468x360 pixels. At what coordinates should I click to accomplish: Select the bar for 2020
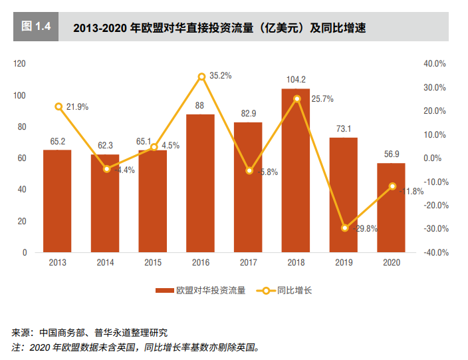pos(391,208)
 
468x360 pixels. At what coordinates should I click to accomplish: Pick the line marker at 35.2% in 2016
pos(201,77)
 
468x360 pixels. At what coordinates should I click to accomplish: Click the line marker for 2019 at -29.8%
pos(344,228)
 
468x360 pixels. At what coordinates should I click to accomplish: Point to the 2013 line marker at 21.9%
pos(58,106)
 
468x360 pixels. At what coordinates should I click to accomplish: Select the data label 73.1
pos(344,129)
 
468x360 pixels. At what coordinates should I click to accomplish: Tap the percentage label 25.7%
pos(322,99)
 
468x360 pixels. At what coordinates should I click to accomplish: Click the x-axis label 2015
pos(153,263)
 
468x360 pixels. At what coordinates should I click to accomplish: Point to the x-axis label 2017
pos(249,263)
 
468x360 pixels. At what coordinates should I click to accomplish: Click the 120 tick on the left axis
pos(19,64)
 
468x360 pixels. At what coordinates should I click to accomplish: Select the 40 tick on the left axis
pos(21,190)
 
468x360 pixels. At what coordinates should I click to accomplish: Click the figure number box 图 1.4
pos(36,27)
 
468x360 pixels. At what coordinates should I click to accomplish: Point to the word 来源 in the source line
pos(21,333)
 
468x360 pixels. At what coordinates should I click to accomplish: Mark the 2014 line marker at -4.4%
pos(106,169)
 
